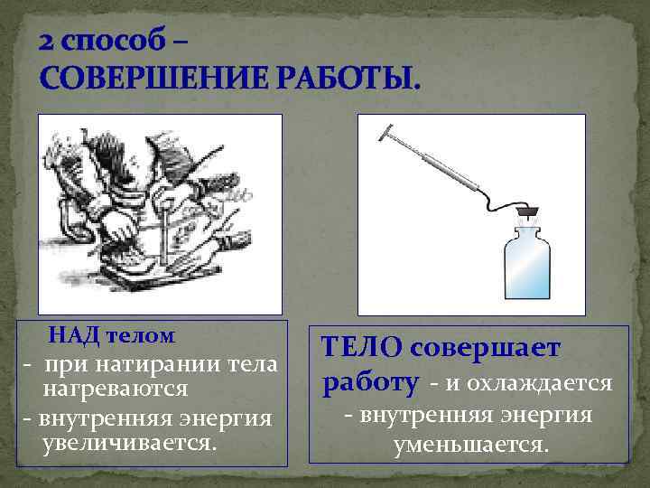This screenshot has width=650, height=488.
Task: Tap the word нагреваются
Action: click(x=115, y=389)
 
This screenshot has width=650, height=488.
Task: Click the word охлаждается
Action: click(x=551, y=384)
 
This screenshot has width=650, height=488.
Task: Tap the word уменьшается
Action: click(x=470, y=445)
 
